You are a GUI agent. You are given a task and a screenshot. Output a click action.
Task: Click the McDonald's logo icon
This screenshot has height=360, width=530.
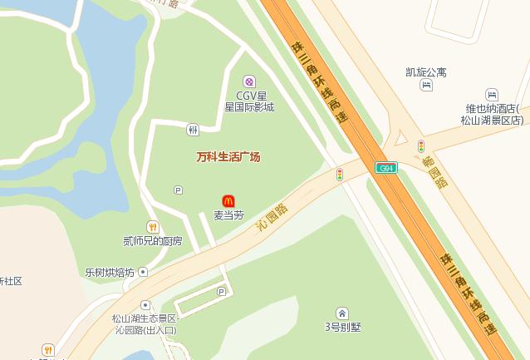pos(228,200)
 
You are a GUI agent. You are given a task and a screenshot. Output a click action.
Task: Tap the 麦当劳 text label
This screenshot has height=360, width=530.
pos(228,215)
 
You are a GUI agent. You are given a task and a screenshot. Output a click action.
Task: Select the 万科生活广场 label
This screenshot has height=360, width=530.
pos(228,156)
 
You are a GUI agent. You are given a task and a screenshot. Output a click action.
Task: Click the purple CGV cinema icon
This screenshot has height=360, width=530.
pos(248,81)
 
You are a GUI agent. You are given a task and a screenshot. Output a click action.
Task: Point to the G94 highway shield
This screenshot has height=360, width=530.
pos(386,168)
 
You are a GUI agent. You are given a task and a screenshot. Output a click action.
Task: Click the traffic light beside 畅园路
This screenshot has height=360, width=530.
pos(421,146)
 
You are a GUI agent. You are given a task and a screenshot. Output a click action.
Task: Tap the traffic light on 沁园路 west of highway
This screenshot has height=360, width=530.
pos(340,175)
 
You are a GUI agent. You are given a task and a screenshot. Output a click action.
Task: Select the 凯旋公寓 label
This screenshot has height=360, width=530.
pos(425,72)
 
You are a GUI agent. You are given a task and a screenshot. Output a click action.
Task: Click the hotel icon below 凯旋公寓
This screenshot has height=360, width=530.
pos(426,85)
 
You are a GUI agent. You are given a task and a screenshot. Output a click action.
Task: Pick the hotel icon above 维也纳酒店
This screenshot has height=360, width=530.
pos(492,95)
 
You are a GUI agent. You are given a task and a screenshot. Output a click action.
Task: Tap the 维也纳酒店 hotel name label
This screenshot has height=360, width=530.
pos(493,114)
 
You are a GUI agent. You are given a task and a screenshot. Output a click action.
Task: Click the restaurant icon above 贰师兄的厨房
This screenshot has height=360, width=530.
pos(152,227)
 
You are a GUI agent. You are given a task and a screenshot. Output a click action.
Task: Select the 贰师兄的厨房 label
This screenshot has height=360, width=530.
pos(152,241)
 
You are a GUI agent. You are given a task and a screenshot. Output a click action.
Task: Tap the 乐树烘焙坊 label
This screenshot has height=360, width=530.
pos(109,272)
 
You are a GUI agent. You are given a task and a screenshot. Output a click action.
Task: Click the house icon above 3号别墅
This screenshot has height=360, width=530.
pos(342,313)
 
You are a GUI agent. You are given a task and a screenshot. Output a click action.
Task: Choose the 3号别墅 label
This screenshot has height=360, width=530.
pos(342,326)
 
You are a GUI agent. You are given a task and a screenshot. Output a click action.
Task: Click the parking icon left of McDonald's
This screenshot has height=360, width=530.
pos(178,190)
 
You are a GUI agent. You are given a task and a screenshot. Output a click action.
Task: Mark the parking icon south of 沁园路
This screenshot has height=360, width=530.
pos(221,291)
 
